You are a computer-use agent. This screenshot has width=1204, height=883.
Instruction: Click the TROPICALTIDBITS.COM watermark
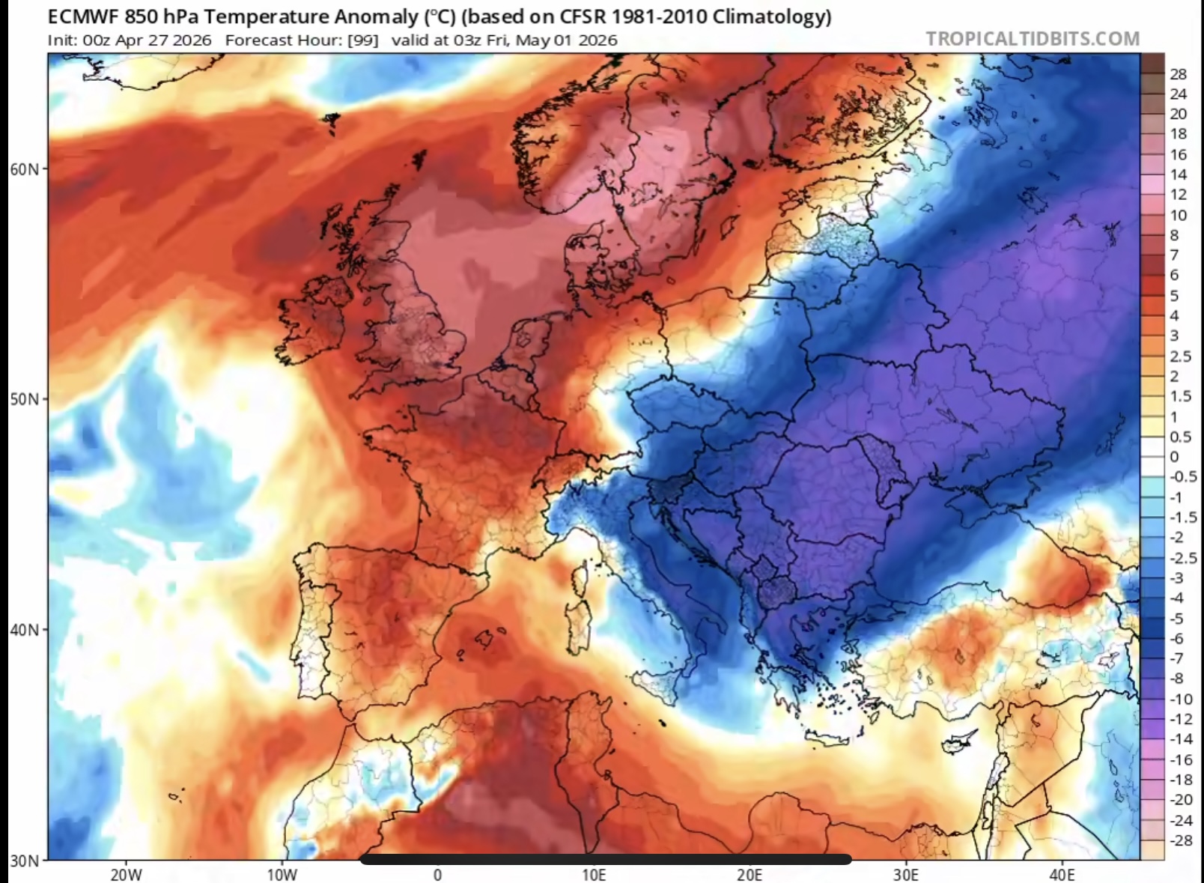pyautogui.click(x=1033, y=39)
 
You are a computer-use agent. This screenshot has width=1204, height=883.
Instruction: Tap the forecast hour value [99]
pyautogui.click(x=363, y=40)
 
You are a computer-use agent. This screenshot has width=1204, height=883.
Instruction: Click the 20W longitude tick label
pyautogui.click(x=126, y=874)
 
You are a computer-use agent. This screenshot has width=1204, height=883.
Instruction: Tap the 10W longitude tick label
pyautogui.click(x=282, y=874)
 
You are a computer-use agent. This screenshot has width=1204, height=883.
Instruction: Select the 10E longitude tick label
pyautogui.click(x=594, y=874)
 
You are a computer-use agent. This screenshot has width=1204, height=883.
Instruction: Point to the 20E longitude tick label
pyautogui.click(x=750, y=874)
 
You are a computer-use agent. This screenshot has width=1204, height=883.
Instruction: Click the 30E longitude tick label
pyautogui.click(x=906, y=874)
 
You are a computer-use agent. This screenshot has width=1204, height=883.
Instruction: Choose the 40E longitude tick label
pyautogui.click(x=1062, y=874)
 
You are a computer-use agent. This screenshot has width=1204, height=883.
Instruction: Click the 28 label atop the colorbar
pyautogui.click(x=1178, y=73)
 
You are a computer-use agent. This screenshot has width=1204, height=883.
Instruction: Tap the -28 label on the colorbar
pyautogui.click(x=1181, y=840)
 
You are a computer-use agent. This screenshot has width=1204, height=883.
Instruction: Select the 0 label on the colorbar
pyautogui.click(x=1174, y=457)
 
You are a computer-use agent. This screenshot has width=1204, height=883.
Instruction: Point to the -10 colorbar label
pyautogui.click(x=1181, y=699)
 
